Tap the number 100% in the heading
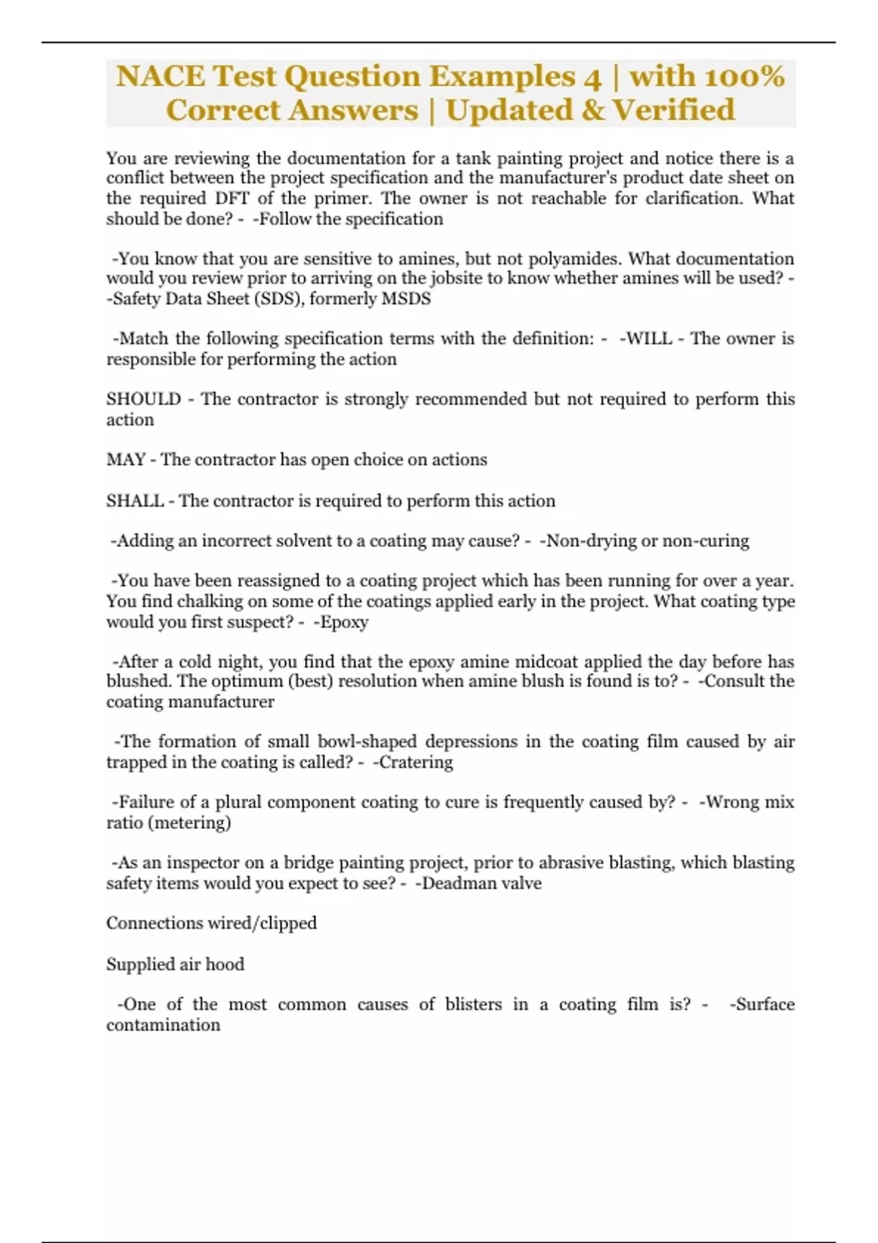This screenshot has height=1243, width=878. click(743, 76)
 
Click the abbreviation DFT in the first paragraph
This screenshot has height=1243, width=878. click(232, 198)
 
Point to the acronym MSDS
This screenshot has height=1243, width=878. click(406, 298)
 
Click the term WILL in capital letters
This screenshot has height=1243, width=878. click(647, 339)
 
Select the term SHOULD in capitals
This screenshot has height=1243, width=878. click(143, 399)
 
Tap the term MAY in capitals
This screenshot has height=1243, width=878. click(126, 460)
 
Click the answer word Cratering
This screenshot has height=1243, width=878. click(416, 762)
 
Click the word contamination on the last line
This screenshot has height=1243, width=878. click(163, 1025)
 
